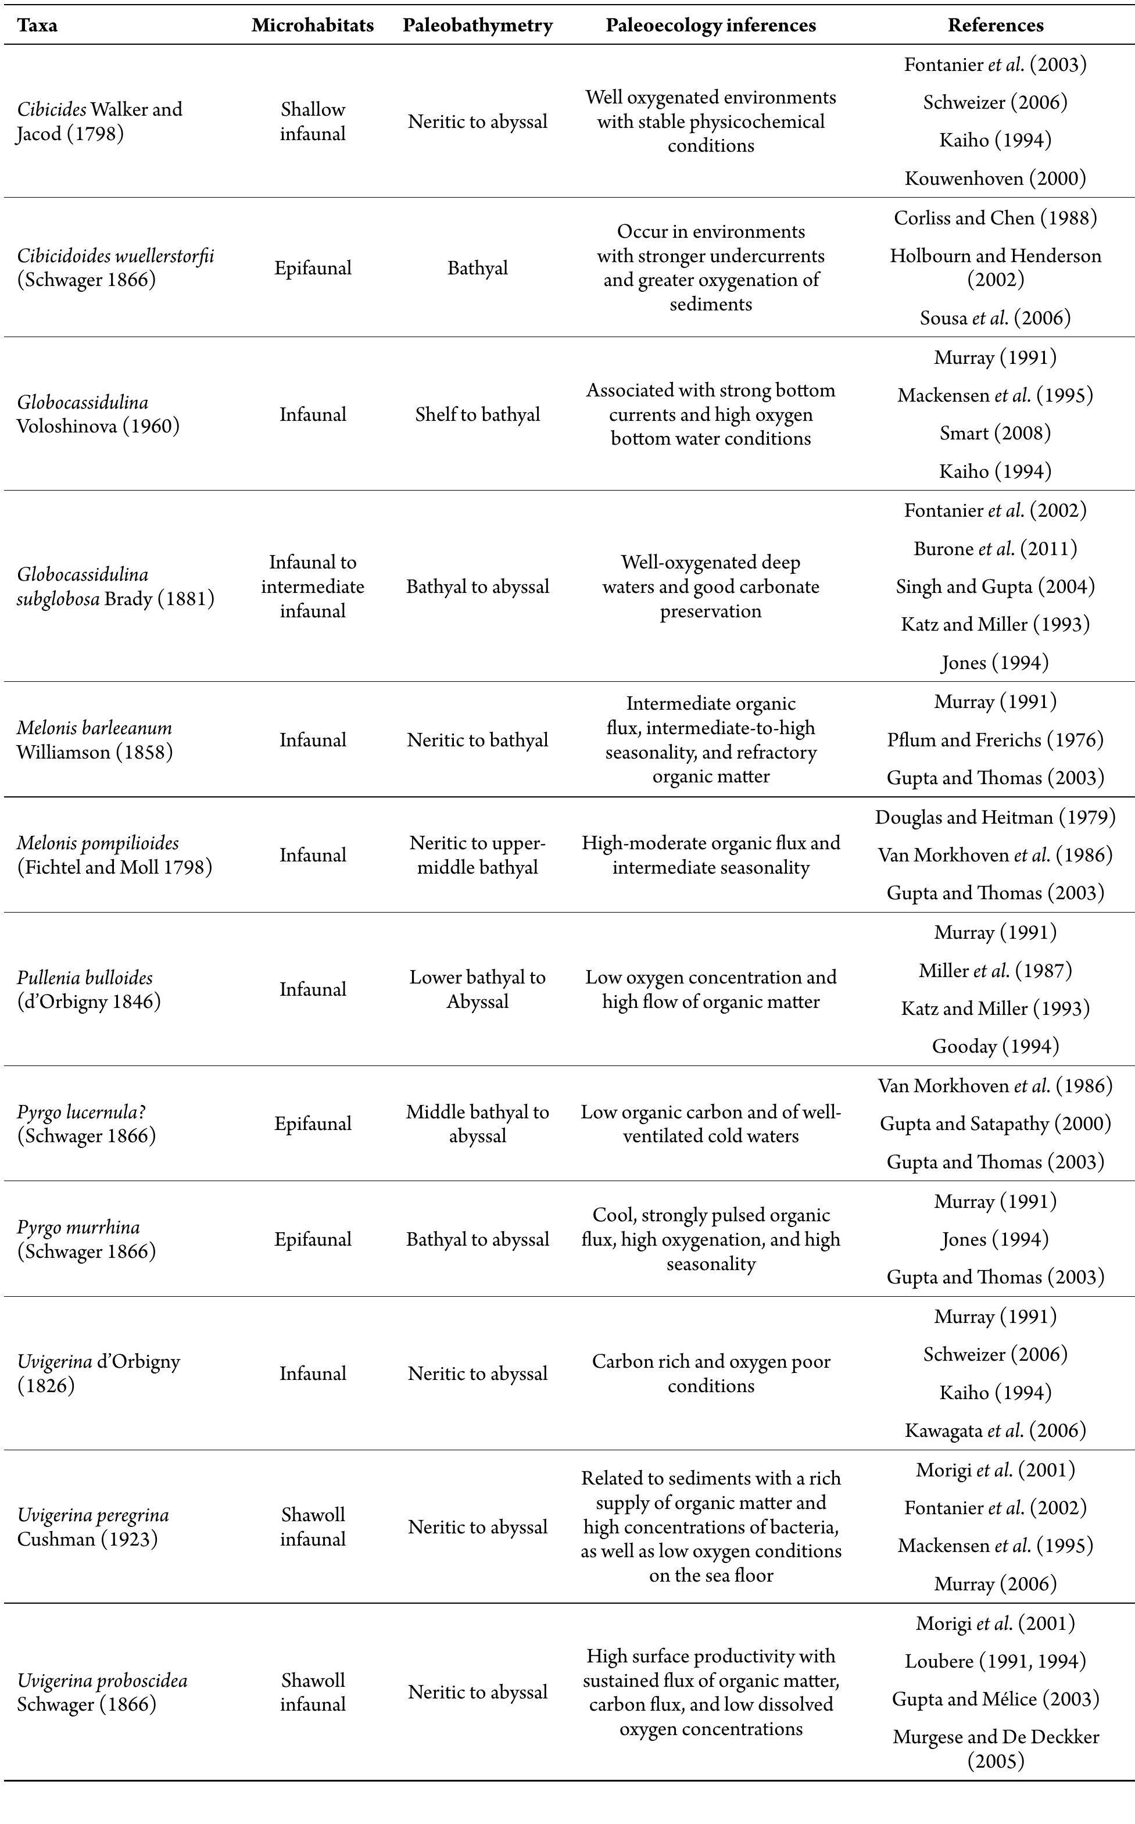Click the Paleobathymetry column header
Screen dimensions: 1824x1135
tap(478, 26)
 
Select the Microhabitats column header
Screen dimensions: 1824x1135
tap(312, 26)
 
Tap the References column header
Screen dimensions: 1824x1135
tap(996, 26)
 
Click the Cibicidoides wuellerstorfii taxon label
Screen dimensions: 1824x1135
tap(115, 268)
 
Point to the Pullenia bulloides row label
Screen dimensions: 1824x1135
tap(88, 989)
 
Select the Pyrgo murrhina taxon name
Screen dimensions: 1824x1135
tap(87, 1239)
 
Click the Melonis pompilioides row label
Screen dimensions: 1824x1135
tap(114, 855)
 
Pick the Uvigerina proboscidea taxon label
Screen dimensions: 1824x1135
tap(102, 1692)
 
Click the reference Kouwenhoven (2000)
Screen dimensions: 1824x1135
tap(996, 178)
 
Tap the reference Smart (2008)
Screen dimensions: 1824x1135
tap(996, 433)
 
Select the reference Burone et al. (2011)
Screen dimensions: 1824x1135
tap(996, 549)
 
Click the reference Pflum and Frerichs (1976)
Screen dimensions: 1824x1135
tap(996, 740)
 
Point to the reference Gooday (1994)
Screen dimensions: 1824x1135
tap(996, 1046)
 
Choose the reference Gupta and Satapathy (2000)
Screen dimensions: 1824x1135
tap(996, 1124)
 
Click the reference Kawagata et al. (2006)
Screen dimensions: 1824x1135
tap(996, 1430)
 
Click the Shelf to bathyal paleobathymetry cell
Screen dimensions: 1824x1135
tap(478, 414)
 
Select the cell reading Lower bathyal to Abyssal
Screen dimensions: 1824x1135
tap(478, 989)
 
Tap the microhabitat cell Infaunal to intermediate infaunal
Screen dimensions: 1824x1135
tap(312, 586)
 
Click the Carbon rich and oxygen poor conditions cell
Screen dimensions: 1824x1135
tap(711, 1374)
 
